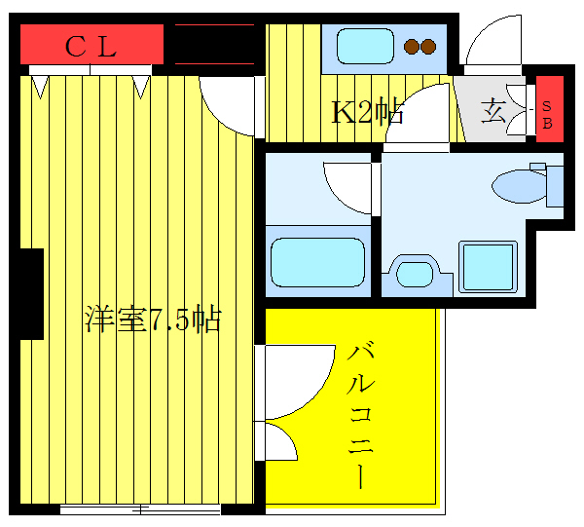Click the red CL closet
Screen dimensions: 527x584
click(x=91, y=45)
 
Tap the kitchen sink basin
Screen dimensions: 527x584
click(x=363, y=46)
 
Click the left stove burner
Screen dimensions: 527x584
click(x=413, y=46)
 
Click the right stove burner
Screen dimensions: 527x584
click(x=428, y=46)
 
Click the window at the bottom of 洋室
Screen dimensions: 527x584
click(x=140, y=508)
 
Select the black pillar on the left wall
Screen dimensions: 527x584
click(x=30, y=293)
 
